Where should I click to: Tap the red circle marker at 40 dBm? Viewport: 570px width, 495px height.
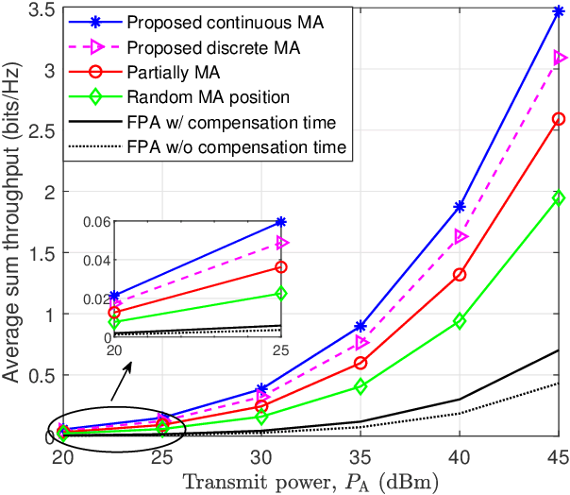pos(460,274)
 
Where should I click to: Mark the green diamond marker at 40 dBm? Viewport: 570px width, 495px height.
pos(460,321)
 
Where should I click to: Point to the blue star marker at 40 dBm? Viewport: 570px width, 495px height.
pos(460,206)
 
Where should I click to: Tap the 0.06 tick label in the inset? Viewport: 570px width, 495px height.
pos(96,222)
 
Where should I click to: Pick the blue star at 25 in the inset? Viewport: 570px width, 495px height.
pos(280,222)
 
